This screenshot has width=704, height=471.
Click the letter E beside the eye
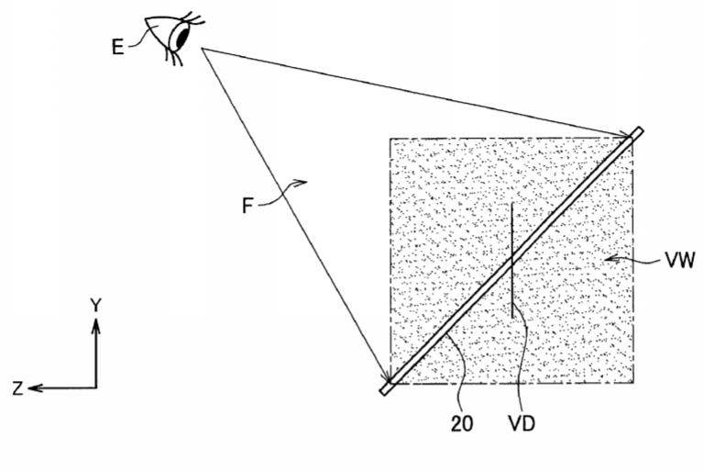coord(117,46)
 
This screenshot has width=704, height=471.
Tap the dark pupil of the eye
coord(181,36)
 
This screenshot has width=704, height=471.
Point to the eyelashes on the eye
coord(193,19)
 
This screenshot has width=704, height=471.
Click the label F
coord(247,206)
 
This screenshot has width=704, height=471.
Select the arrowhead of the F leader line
coord(302,182)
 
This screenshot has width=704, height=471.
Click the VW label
coord(679,260)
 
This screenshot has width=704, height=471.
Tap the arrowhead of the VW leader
coord(611,259)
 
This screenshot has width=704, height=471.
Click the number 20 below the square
coord(462,423)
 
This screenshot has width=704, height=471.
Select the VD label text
coord(522,423)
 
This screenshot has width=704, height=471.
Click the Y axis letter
coord(95,305)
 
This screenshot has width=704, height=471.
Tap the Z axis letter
coord(17,388)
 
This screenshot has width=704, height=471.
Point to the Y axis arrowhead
coord(95,325)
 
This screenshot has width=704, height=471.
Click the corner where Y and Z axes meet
coord(96,387)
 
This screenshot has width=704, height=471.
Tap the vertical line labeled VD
coord(512,261)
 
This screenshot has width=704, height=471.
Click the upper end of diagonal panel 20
coord(638,131)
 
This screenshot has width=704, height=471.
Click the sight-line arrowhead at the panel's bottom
coord(387,376)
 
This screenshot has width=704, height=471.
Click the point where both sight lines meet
coord(203,49)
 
